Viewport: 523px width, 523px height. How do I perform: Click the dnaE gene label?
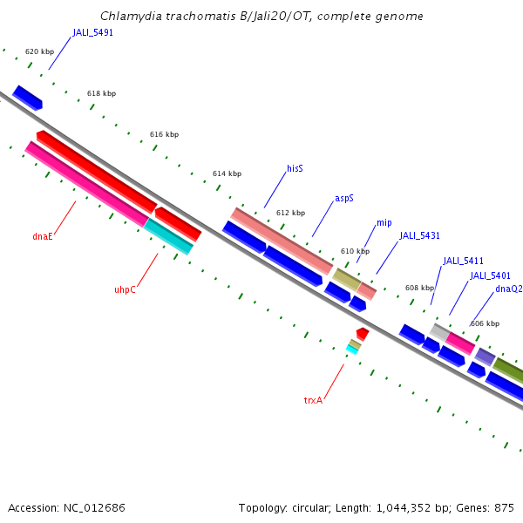[x=43, y=236]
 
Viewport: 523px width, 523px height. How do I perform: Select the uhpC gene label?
[x=125, y=289]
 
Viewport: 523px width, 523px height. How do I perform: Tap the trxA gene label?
[x=313, y=400]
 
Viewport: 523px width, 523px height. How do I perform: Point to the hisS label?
[x=295, y=168]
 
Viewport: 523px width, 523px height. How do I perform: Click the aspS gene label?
[x=344, y=199]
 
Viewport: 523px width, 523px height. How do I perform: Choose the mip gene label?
[x=384, y=223]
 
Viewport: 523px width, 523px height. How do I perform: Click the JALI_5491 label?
[x=93, y=32]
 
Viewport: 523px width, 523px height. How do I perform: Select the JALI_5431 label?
[x=420, y=235]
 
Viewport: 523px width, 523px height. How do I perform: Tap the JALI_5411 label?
[x=463, y=261]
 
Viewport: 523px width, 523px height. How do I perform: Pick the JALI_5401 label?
[x=490, y=275]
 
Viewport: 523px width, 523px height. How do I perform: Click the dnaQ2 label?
[x=508, y=289]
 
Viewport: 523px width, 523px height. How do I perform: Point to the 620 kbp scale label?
[x=39, y=52]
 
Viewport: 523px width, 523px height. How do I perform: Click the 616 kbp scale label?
[x=164, y=134]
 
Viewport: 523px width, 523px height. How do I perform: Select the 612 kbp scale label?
[x=290, y=213]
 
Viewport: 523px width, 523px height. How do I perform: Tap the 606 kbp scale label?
[x=485, y=323]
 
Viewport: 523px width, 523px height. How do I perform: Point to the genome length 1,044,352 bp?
[x=405, y=507]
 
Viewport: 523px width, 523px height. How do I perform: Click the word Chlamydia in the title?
[x=128, y=16]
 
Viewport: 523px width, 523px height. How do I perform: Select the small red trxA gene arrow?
[x=363, y=333]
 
